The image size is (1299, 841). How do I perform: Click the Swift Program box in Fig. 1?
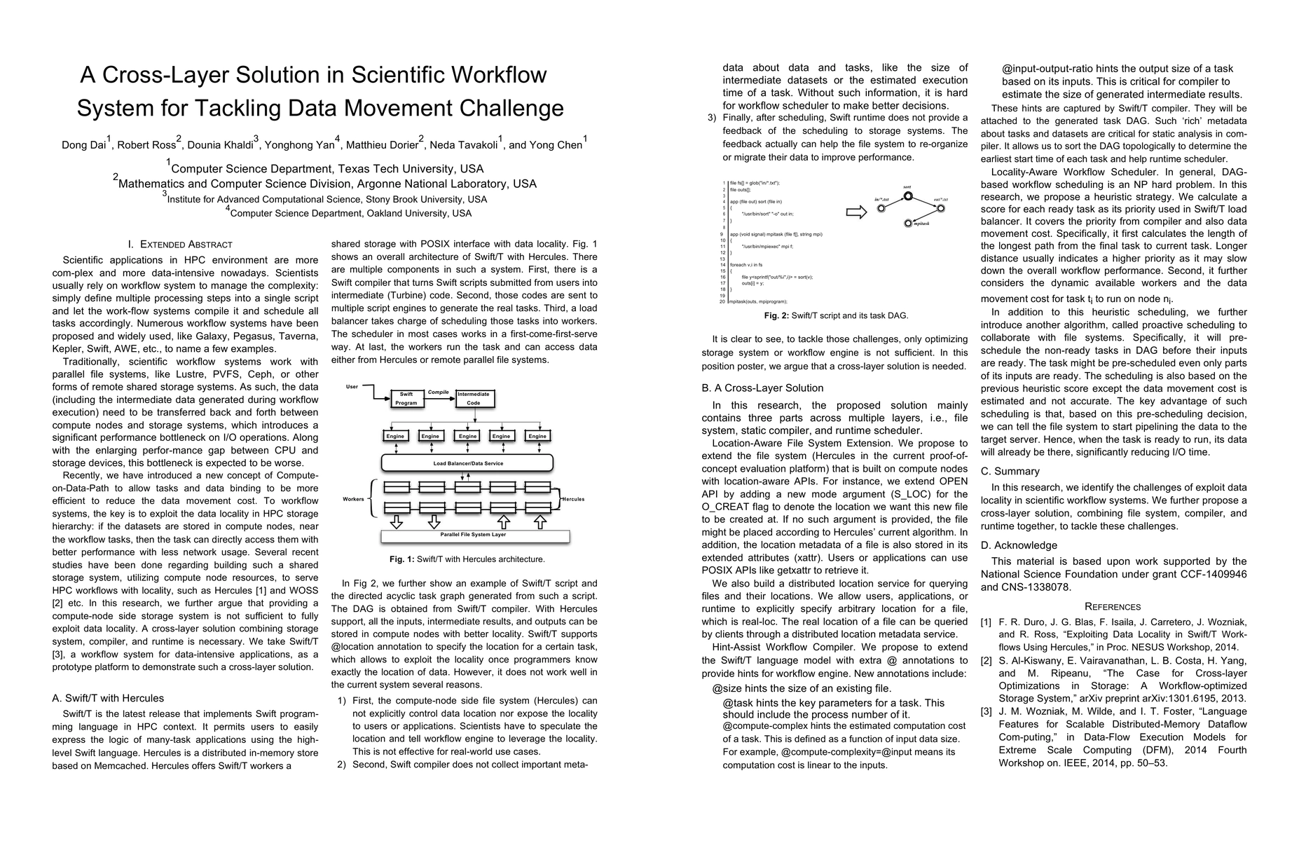[406, 399]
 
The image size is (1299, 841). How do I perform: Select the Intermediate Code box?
[474, 399]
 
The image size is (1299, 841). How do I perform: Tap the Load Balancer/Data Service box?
[467, 463]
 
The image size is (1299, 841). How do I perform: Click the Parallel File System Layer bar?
[474, 535]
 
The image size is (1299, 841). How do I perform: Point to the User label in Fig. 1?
[352, 387]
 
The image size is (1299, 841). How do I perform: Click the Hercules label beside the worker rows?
[572, 499]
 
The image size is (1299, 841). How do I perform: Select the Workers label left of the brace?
[353, 499]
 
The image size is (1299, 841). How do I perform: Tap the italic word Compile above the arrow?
[438, 392]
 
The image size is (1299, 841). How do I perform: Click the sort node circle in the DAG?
[908, 196]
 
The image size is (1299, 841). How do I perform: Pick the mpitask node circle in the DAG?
[908, 224]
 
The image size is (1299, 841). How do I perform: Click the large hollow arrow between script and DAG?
[856, 212]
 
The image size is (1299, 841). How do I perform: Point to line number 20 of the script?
[722, 301]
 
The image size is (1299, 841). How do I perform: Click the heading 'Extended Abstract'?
[186, 245]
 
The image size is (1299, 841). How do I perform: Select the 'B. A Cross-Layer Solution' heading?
[762, 388]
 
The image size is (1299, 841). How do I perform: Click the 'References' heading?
[1113, 607]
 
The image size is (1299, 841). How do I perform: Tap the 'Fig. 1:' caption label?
[402, 559]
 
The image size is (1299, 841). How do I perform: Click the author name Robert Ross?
[146, 145]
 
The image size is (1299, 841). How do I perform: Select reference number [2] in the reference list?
[986, 661]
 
